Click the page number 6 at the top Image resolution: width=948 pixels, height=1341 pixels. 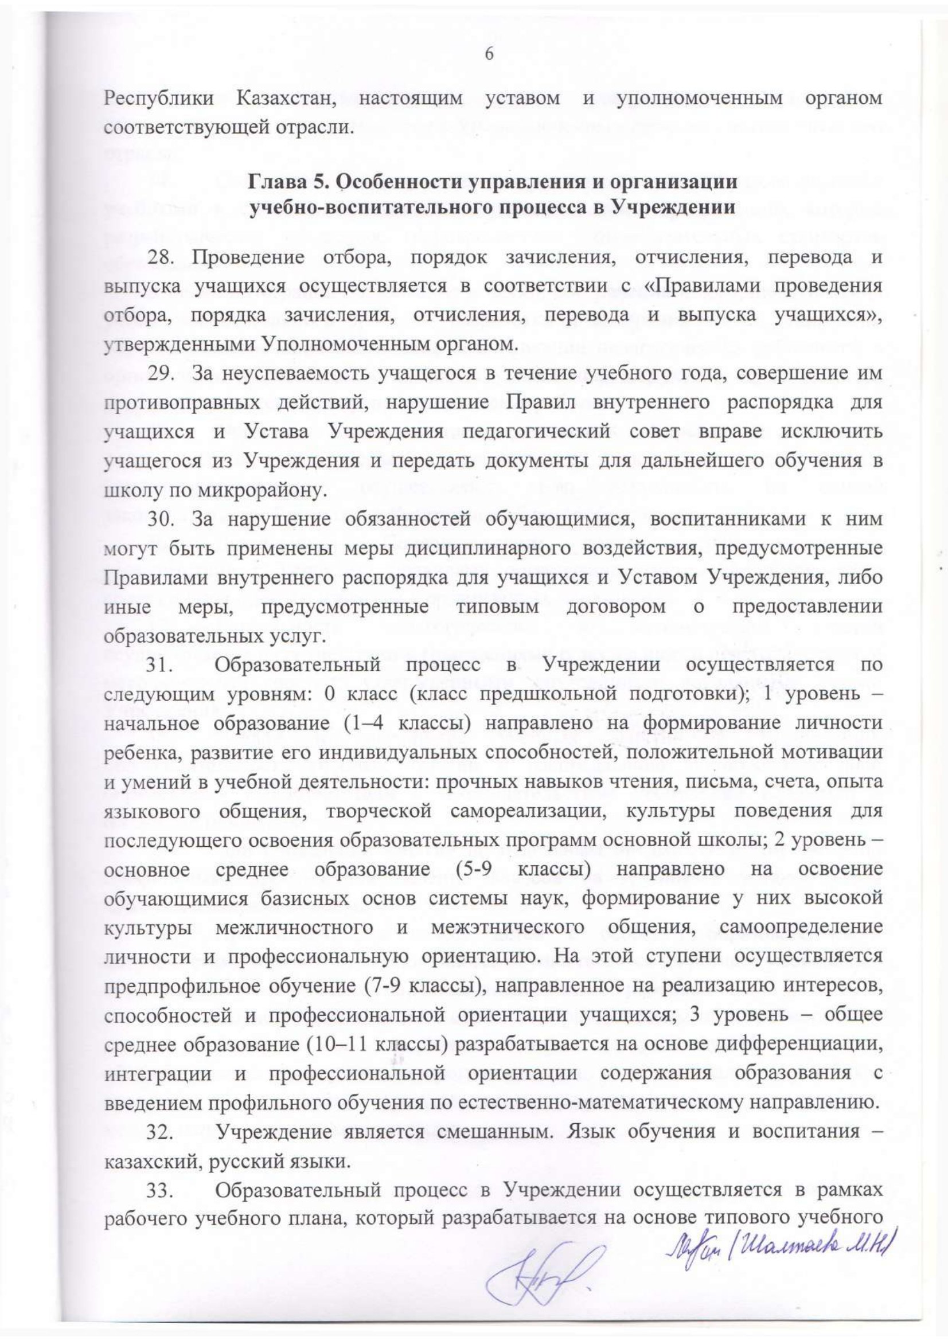click(489, 54)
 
